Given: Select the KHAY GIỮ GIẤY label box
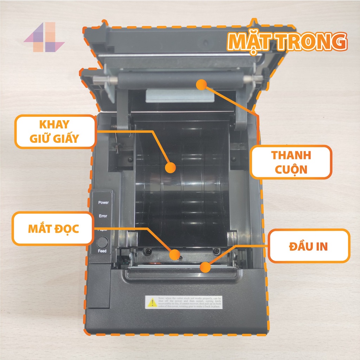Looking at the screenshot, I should tap(54, 131).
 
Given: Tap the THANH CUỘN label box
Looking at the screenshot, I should tap(290, 162).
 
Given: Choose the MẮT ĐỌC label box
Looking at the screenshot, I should tap(53, 229).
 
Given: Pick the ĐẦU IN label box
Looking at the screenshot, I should tap(309, 246).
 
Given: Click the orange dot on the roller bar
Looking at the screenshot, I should tap(201, 84).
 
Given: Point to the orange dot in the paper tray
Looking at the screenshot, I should tap(171, 168).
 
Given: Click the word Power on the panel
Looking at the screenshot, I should tap(103, 202).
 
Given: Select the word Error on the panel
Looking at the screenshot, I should tap(103, 216).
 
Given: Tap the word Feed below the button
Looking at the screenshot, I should tap(102, 251).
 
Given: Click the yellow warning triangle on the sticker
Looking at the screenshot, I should tap(152, 303).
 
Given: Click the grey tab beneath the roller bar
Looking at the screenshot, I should tap(179, 95).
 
